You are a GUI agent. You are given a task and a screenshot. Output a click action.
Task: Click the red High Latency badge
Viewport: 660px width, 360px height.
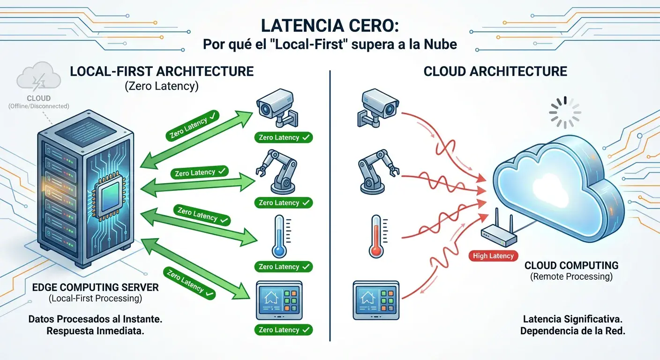click(493, 255)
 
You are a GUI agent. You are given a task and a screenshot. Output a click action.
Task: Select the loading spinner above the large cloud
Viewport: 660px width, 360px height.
click(565, 112)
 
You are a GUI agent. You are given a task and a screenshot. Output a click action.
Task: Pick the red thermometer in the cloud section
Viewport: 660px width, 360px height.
click(376, 236)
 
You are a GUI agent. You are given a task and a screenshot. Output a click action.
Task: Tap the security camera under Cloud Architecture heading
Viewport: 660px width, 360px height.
click(378, 107)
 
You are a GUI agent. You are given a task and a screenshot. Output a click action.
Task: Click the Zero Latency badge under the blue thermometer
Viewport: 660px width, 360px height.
click(284, 267)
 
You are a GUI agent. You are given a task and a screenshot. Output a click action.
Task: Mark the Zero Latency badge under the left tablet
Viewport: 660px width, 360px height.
click(284, 330)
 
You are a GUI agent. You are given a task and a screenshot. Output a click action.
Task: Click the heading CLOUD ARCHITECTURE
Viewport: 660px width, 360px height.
click(495, 71)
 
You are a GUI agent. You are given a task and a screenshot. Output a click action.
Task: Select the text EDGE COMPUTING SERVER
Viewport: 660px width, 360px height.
click(95, 287)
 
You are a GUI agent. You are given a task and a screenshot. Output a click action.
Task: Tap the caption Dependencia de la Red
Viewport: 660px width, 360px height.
click(573, 331)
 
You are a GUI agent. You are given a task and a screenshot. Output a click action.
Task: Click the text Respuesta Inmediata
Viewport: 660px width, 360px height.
click(95, 331)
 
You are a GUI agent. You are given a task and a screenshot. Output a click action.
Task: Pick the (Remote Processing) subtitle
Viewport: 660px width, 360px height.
click(571, 277)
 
